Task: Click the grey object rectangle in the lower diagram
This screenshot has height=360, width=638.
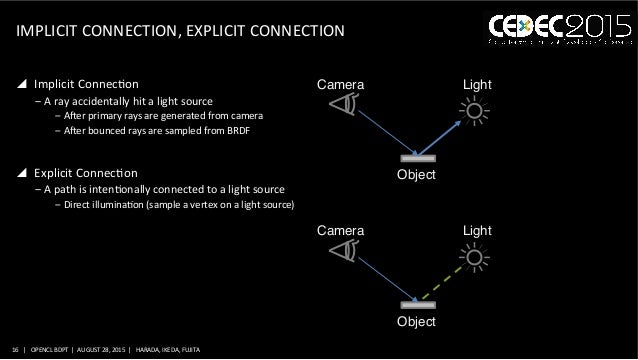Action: click(x=417, y=304)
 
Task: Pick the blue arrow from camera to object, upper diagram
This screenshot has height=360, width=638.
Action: click(x=383, y=130)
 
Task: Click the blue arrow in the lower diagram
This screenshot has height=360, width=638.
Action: click(x=383, y=277)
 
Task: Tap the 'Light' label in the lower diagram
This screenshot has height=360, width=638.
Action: click(x=477, y=230)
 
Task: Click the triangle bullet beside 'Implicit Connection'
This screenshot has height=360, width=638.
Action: click(x=22, y=83)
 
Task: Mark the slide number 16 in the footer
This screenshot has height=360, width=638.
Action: click(x=13, y=350)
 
